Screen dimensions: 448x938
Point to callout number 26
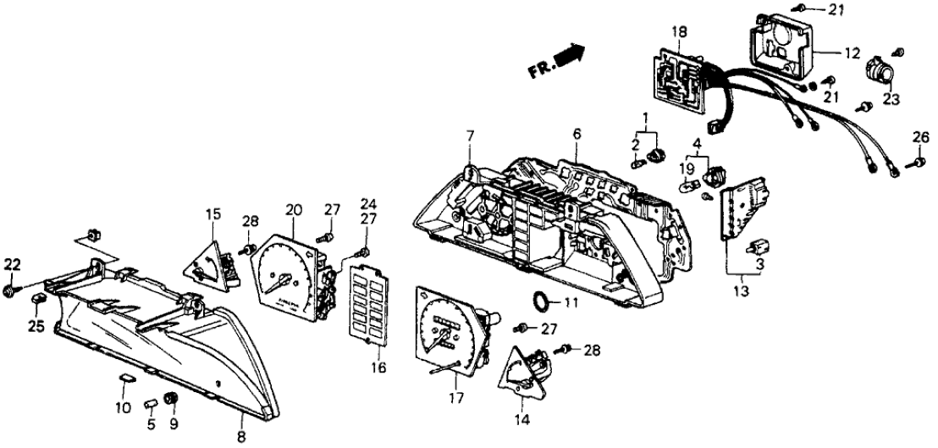click(921, 140)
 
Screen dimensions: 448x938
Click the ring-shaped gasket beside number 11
click(538, 301)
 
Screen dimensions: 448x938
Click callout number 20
click(293, 209)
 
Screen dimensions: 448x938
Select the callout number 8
click(242, 437)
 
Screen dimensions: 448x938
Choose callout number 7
click(469, 135)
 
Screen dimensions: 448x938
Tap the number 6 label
click(577, 135)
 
